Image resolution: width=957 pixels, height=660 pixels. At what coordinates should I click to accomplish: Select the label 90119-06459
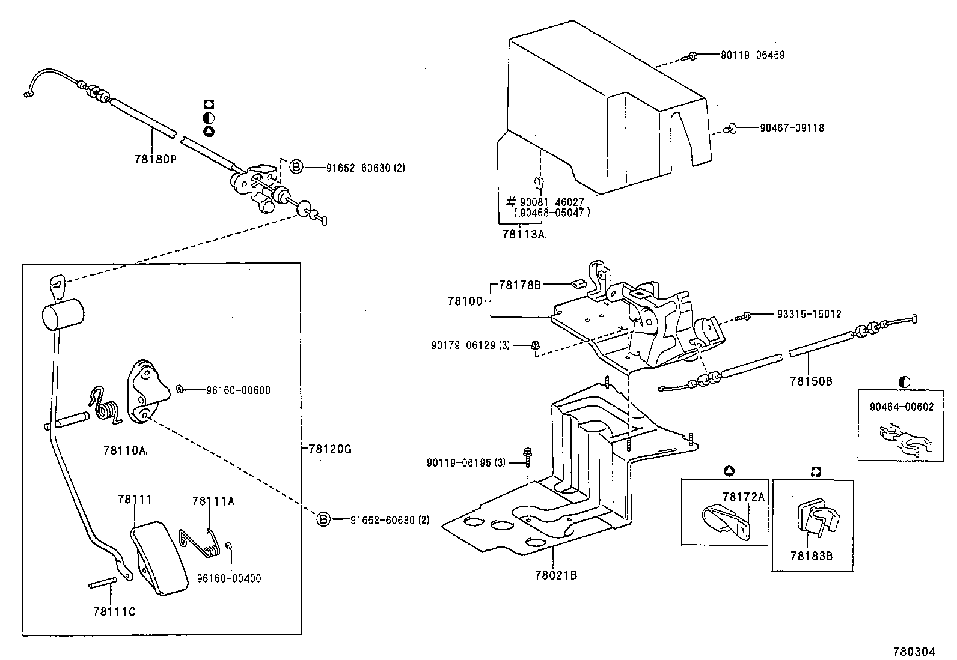point(753,55)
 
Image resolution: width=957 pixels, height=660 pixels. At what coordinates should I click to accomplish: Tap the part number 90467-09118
point(792,128)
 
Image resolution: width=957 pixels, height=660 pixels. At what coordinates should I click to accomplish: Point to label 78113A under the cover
point(523,235)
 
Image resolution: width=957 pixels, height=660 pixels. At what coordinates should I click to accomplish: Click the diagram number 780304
point(914,652)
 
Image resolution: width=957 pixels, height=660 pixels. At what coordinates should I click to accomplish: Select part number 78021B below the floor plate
point(556,575)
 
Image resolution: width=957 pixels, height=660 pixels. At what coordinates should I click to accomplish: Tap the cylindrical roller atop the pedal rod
point(63,314)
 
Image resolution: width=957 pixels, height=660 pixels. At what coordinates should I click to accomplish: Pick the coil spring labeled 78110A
point(107,408)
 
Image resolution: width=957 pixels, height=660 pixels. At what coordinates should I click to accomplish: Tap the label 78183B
point(812,556)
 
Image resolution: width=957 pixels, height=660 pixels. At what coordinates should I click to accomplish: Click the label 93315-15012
point(809,314)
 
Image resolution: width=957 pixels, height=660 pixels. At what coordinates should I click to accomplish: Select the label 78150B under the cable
point(811,381)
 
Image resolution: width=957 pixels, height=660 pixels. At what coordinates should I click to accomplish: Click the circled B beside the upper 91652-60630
point(296,167)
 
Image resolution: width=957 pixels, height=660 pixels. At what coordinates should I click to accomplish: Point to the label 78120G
point(330,449)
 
